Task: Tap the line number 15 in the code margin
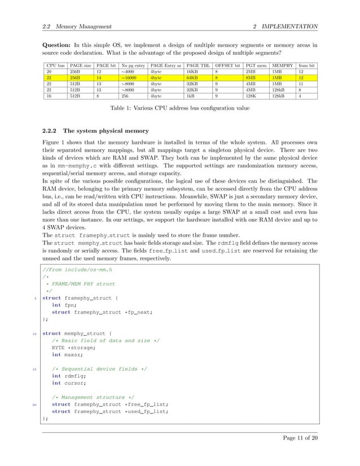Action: [x=34, y=369]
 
